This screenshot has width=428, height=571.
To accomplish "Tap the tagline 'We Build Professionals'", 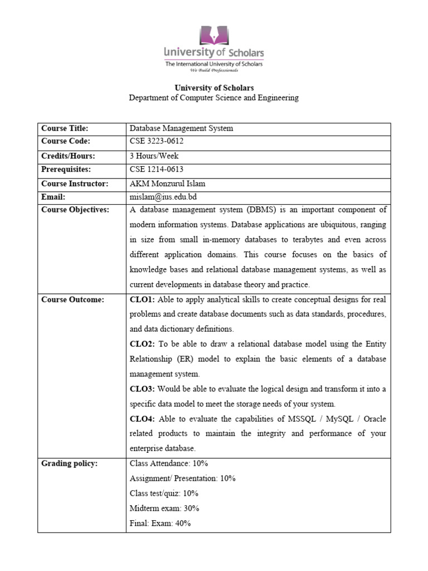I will [214, 71].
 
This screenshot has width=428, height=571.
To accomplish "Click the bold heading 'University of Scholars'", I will [214, 88].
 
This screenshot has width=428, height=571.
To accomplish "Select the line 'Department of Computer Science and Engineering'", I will [214, 98].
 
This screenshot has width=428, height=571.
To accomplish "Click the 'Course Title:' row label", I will [65, 128].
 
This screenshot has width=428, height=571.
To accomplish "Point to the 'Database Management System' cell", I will [181, 128].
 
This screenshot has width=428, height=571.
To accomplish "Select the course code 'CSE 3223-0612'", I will [156, 142].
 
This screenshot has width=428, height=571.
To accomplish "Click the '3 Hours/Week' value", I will [154, 156].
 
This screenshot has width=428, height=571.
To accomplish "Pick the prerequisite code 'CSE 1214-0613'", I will [157, 170].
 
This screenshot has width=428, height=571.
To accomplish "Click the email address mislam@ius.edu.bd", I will [163, 197].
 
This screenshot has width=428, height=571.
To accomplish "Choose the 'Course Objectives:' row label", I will [75, 210].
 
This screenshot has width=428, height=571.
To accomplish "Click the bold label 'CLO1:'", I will [142, 299].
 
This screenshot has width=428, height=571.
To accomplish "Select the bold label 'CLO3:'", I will [142, 389].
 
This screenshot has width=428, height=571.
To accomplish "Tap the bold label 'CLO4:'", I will [142, 419].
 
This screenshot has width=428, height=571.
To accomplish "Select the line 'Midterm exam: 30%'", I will [164, 508].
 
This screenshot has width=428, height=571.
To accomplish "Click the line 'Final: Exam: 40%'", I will [160, 523].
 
